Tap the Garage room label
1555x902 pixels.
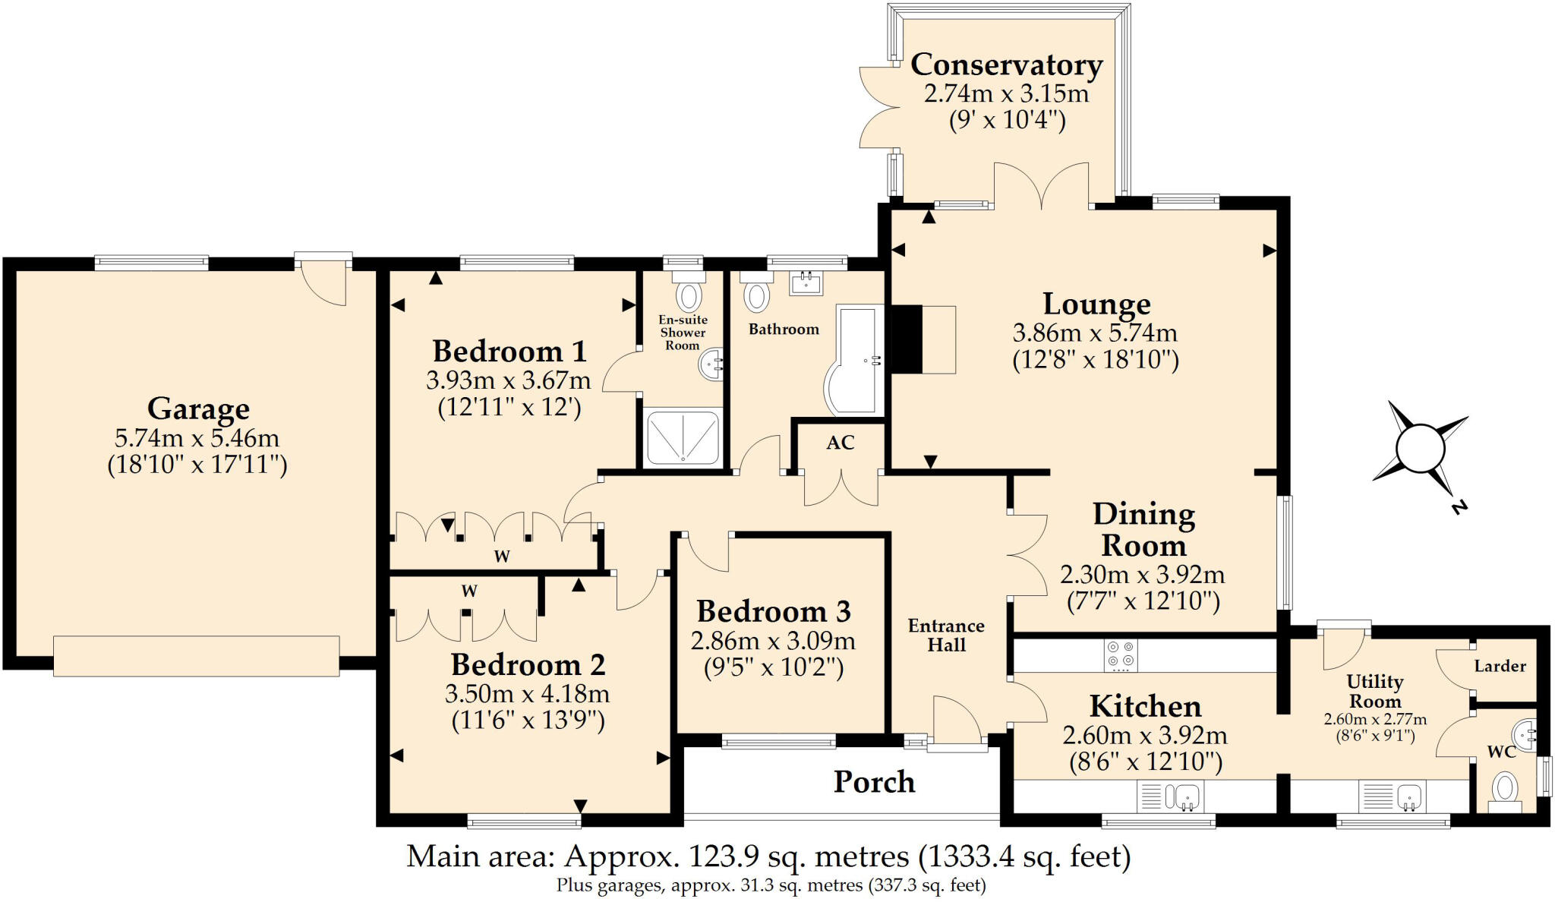[198, 408]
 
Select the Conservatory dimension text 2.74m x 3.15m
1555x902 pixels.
[1006, 93]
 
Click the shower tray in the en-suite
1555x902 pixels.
[682, 437]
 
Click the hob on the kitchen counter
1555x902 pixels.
[1121, 655]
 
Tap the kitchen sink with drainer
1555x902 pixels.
[1170, 796]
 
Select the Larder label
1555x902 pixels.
[1500, 667]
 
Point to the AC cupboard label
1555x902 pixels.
[841, 443]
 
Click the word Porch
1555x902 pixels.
[874, 782]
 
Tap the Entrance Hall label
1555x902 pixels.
[946, 635]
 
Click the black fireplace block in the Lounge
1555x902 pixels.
[905, 339]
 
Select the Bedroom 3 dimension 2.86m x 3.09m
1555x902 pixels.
[773, 641]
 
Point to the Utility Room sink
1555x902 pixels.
[1393, 796]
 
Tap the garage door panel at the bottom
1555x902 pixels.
[196, 655]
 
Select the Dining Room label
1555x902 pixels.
[1143, 530]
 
